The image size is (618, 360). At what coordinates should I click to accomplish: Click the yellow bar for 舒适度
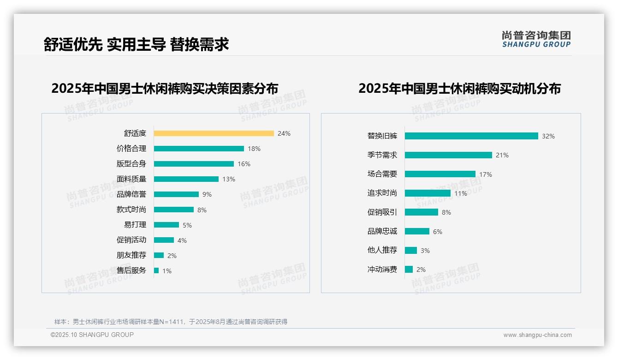pyautogui.click(x=214, y=133)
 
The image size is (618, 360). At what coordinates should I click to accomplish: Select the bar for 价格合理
pyautogui.click(x=199, y=149)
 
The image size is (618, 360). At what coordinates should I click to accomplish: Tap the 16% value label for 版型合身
pyautogui.click(x=244, y=164)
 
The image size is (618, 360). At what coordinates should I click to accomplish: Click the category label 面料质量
pyautogui.click(x=131, y=179)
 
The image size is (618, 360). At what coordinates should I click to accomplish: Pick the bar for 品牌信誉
pyautogui.click(x=176, y=194)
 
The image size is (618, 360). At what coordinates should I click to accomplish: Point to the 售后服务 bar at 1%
pyautogui.click(x=156, y=270)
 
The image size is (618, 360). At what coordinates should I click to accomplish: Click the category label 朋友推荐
pyautogui.click(x=131, y=255)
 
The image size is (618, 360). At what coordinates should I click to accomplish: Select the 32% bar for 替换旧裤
pyautogui.click(x=471, y=136)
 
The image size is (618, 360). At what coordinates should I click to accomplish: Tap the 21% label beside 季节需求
pyautogui.click(x=502, y=155)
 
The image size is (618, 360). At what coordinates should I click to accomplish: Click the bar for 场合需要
pyautogui.click(x=440, y=174)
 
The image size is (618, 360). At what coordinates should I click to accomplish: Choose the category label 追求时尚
pyautogui.click(x=382, y=193)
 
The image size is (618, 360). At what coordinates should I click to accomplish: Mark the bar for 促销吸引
pyautogui.click(x=422, y=212)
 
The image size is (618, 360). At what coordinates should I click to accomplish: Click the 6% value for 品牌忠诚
pyautogui.click(x=437, y=232)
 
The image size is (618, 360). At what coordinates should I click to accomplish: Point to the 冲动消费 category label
pyautogui.click(x=382, y=269)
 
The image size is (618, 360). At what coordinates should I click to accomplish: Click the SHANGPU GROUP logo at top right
pyautogui.click(x=536, y=39)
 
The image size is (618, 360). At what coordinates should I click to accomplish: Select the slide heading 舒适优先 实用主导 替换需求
pyautogui.click(x=136, y=44)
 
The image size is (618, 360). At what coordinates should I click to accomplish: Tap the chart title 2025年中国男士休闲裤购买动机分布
pyautogui.click(x=459, y=88)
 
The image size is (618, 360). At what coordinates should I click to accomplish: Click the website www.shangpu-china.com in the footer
pyautogui.click(x=537, y=335)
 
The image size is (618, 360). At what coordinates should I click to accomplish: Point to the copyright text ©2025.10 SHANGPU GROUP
pyautogui.click(x=92, y=335)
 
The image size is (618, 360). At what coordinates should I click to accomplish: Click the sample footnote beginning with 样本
pyautogui.click(x=171, y=322)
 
